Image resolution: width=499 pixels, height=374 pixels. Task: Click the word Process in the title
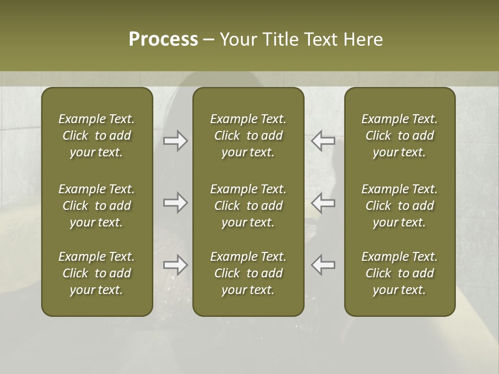click(163, 39)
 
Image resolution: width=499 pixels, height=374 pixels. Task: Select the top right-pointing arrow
click(175, 140)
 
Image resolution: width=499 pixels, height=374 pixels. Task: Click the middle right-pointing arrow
click(175, 203)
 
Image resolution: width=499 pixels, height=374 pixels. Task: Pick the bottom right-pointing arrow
click(175, 265)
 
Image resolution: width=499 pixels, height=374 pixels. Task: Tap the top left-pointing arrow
click(323, 140)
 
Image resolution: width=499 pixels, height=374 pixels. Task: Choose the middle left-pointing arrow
click(323, 203)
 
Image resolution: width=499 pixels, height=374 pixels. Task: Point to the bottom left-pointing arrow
click(323, 265)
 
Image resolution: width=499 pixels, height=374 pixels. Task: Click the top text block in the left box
click(97, 136)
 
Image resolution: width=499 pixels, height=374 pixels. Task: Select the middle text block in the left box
click(97, 206)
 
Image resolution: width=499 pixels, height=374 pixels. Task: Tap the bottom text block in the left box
click(97, 273)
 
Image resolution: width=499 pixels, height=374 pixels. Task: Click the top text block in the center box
click(248, 136)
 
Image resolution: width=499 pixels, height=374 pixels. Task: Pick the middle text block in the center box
click(248, 206)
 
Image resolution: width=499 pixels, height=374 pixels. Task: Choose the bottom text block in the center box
click(248, 273)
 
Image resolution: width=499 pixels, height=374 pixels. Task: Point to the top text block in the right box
click(399, 136)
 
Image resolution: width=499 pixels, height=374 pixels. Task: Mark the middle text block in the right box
click(399, 206)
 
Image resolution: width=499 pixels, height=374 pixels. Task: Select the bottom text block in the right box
click(399, 273)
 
